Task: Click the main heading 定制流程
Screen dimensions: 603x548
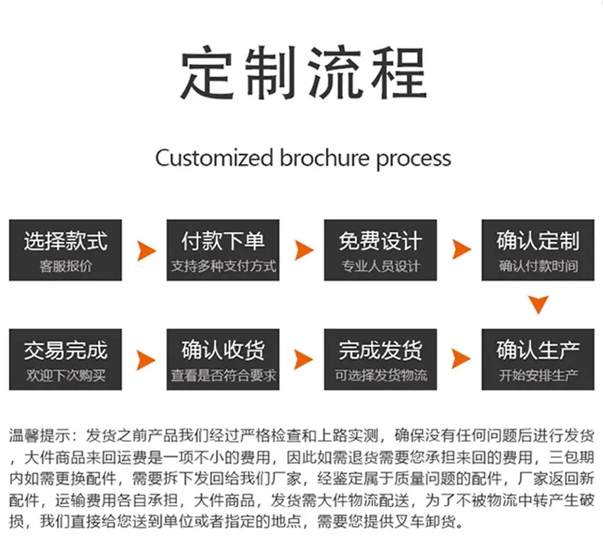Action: (x=304, y=73)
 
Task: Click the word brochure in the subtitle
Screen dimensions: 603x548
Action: (x=324, y=158)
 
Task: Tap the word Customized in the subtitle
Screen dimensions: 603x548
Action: (x=214, y=158)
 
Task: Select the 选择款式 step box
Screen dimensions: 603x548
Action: (x=66, y=250)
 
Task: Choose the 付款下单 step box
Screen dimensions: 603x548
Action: (x=223, y=250)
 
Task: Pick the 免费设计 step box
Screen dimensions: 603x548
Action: (x=380, y=250)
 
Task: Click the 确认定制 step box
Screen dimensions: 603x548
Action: (x=538, y=250)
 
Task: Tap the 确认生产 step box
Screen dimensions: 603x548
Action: (x=538, y=359)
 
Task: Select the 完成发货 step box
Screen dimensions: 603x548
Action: (x=380, y=359)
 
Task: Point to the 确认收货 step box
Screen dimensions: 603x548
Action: (x=223, y=359)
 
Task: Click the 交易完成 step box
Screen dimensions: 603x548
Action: (x=66, y=359)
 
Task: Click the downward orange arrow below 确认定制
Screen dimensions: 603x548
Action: (x=538, y=304)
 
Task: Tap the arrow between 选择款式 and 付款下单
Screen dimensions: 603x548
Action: (x=147, y=251)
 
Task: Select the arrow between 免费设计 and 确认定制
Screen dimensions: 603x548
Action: (x=462, y=250)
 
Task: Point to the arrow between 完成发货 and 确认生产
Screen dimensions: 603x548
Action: (x=461, y=359)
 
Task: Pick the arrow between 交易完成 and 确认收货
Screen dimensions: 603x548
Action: (x=146, y=360)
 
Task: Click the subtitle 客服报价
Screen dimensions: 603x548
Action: (x=66, y=266)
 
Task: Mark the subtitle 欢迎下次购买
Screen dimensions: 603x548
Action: (x=66, y=375)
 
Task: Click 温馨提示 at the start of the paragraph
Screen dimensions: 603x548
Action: (x=40, y=436)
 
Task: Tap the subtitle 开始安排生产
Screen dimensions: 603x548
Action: (x=538, y=375)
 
